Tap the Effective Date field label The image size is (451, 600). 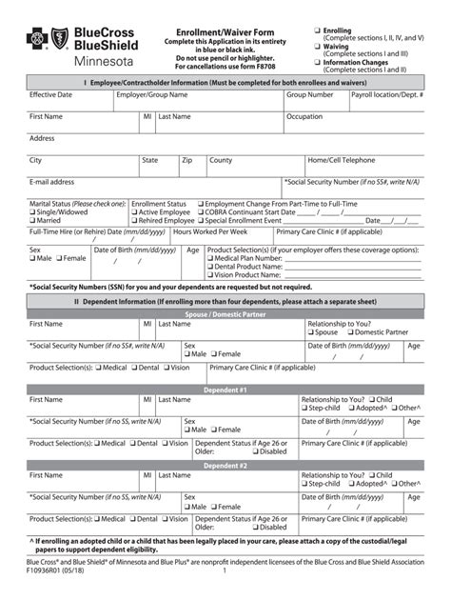pos(50,96)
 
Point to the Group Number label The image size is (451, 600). pos(310,96)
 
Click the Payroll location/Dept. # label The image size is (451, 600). pos(387,96)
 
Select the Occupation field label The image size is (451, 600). pos(305,116)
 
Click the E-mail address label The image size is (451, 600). pos(52,181)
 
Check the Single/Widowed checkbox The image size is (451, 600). pos(33,212)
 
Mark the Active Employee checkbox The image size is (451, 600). pos(135,212)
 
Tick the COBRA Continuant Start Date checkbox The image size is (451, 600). pos(201,212)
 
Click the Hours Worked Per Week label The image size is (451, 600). pos(210,231)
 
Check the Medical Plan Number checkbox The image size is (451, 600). pos(210,258)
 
